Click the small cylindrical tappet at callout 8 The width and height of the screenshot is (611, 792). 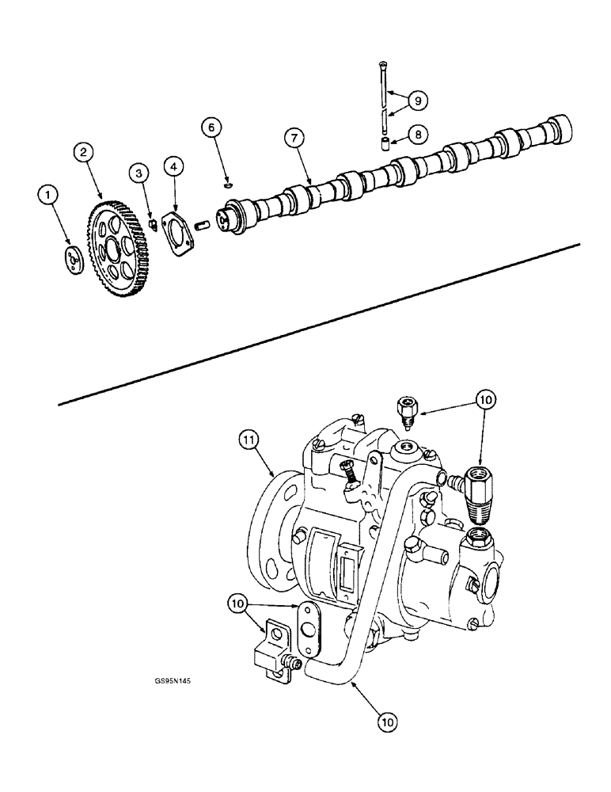385,144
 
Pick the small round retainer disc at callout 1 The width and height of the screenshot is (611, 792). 74,261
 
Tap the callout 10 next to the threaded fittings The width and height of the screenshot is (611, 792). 485,400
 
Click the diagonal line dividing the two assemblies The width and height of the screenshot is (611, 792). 317,325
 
